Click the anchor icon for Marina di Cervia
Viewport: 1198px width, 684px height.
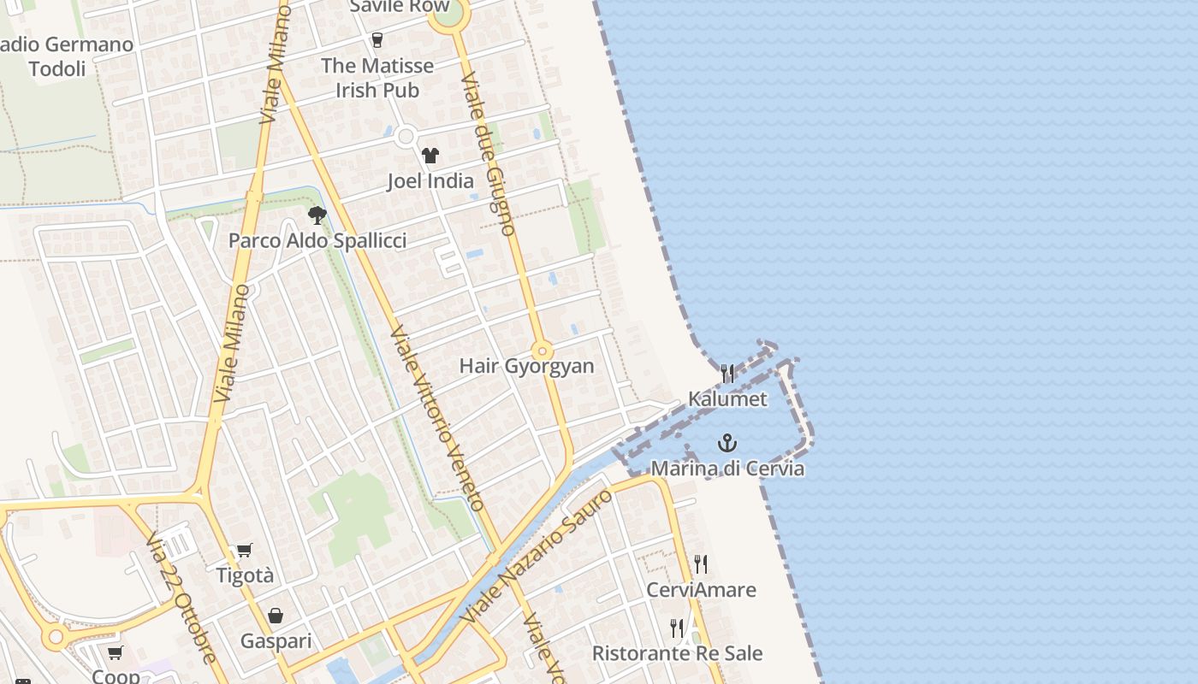(727, 443)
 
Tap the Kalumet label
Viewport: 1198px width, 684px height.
(727, 399)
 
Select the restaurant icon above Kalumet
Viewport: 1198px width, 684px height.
(727, 373)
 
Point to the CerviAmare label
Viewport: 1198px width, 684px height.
(701, 590)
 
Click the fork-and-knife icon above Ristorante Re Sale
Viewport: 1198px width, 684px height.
(677, 628)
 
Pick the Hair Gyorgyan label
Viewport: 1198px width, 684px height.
(526, 366)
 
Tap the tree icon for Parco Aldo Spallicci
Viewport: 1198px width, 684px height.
(317, 215)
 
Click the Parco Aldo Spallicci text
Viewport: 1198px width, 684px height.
(317, 241)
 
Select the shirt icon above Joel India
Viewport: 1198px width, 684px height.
(430, 155)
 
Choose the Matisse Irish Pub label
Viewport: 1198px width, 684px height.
(377, 78)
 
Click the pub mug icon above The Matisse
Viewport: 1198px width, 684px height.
(377, 39)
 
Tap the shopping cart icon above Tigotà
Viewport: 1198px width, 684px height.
(245, 550)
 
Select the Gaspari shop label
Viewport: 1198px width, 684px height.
(276, 641)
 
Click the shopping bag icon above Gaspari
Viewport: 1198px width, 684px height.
(276, 616)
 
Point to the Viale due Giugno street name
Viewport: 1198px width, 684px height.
(488, 154)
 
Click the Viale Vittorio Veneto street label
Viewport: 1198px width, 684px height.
(439, 418)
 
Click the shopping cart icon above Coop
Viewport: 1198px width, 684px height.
(115, 653)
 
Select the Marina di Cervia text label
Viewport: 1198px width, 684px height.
(727, 469)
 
